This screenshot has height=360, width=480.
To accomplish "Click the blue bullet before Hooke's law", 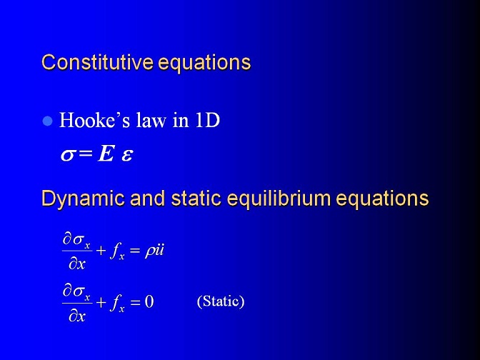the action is [47, 121].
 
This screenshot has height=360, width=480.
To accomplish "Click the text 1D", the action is [207, 120].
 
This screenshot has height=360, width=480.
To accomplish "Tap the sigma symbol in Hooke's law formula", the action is [67, 155].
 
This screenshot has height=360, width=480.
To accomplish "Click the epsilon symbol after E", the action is [126, 155].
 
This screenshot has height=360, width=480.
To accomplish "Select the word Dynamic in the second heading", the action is [83, 199].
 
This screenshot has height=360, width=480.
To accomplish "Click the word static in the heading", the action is [196, 198].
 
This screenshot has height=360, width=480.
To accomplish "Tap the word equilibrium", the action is [279, 199].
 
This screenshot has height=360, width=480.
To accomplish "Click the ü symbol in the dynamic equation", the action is [159, 251].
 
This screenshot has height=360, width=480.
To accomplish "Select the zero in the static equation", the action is [149, 302].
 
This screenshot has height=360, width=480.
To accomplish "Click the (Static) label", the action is [221, 301].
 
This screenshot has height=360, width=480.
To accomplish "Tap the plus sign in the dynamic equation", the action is [101, 251].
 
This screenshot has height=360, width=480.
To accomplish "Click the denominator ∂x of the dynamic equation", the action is [77, 264].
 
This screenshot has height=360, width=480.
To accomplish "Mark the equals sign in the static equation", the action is [135, 302].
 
